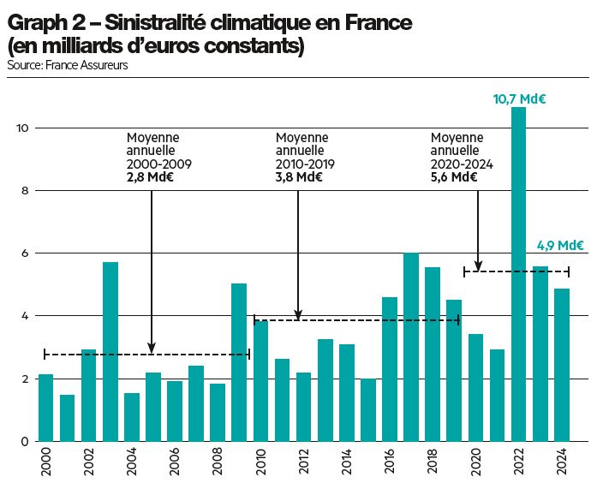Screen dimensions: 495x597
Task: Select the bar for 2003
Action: [110, 351]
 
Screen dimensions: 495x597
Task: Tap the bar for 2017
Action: [410, 347]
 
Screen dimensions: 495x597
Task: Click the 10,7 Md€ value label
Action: [519, 99]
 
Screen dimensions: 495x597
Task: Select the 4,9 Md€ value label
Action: [560, 246]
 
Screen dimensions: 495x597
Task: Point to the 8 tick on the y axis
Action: [26, 191]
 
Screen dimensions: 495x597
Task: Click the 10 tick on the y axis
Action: [23, 128]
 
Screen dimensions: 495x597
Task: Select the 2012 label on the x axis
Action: [303, 462]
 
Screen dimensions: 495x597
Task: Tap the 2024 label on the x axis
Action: [561, 462]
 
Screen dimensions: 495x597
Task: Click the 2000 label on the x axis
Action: [45, 462]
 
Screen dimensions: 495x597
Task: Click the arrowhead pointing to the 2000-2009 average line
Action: [152, 348]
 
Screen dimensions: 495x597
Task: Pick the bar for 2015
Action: [367, 409]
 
